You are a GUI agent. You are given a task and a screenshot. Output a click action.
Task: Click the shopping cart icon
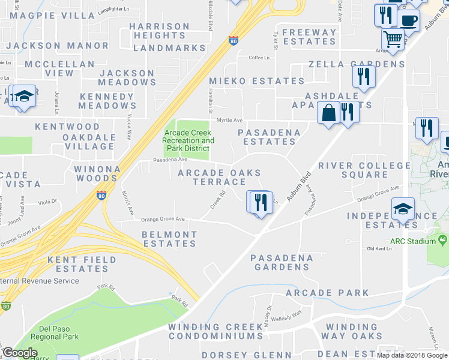393,40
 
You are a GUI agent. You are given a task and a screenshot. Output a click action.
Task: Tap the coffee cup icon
409,20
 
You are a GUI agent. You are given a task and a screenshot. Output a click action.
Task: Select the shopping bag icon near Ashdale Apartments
328,113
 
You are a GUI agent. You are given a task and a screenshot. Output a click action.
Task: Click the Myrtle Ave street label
229,120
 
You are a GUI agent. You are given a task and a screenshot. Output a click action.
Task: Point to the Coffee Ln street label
259,58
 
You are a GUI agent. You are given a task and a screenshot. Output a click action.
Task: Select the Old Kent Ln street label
379,248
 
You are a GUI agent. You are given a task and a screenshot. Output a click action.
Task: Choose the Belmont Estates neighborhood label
169,239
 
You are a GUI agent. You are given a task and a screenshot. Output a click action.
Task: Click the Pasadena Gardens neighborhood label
282,262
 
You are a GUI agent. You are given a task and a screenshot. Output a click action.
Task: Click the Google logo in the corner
20,353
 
